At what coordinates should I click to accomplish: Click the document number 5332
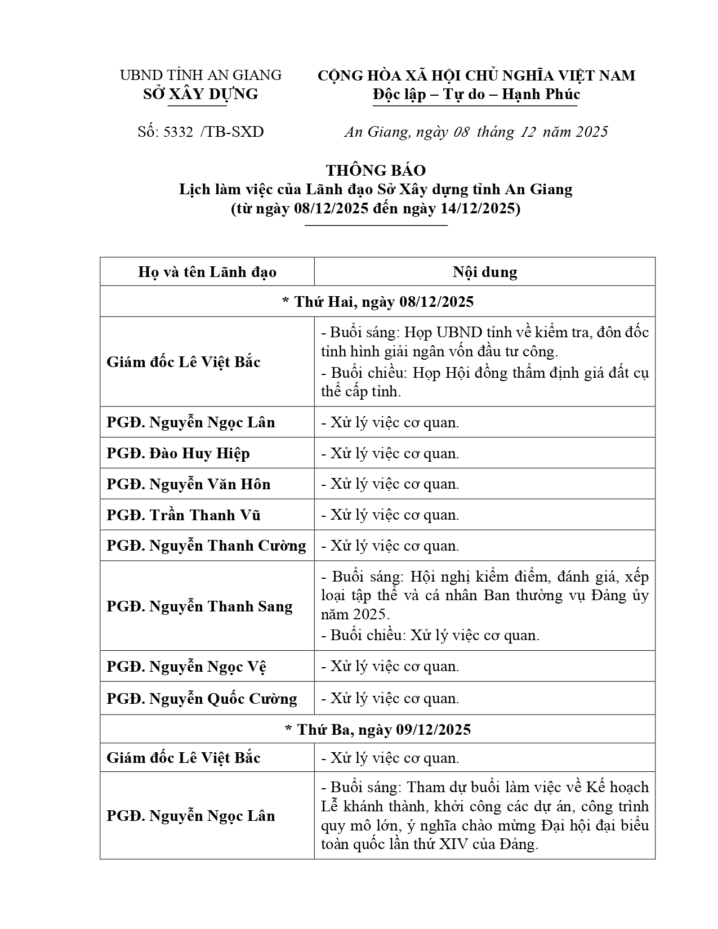click(x=178, y=132)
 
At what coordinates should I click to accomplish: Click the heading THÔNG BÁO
click(x=376, y=170)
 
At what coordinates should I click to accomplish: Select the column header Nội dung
click(x=484, y=272)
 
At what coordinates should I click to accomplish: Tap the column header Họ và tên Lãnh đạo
click(x=207, y=272)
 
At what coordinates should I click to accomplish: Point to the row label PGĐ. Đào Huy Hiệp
click(x=178, y=453)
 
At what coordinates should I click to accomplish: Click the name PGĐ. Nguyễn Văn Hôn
click(x=189, y=484)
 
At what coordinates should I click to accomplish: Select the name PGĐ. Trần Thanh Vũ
click(x=184, y=515)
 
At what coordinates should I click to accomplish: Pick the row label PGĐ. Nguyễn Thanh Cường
click(x=206, y=546)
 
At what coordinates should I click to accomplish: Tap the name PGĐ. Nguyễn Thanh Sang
click(x=199, y=606)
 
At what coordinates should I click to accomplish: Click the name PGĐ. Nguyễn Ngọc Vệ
click(x=186, y=667)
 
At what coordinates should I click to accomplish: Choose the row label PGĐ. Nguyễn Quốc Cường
click(x=202, y=699)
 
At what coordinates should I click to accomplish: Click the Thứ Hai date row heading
click(x=378, y=302)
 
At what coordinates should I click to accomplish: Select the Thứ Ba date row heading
click(x=378, y=730)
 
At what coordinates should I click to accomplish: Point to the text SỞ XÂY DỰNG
click(x=200, y=94)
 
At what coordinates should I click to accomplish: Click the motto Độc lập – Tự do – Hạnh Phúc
click(x=476, y=94)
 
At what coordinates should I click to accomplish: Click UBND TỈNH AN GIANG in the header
click(x=200, y=75)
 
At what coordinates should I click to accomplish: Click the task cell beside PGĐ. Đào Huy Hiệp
click(x=390, y=453)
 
